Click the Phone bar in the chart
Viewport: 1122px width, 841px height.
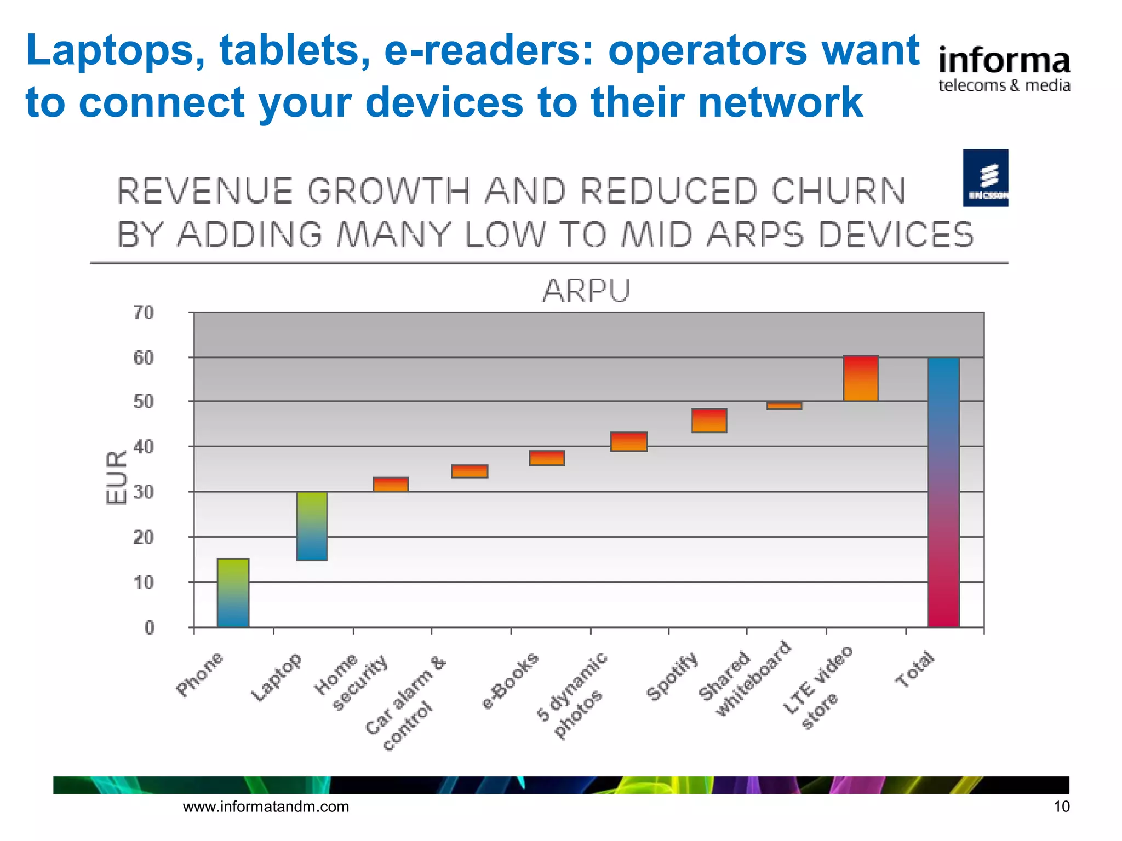pos(233,592)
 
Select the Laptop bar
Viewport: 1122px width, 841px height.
pos(312,526)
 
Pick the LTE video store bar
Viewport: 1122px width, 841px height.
pos(861,378)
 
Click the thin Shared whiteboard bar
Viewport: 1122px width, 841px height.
pos(784,406)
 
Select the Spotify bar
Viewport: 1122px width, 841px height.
pos(709,420)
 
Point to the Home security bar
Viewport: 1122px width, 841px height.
pos(391,484)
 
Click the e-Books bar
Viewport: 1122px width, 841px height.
pos(547,458)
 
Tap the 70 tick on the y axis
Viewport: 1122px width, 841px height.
pos(144,313)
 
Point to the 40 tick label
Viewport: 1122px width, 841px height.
pos(144,447)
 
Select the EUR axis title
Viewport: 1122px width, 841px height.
pos(116,477)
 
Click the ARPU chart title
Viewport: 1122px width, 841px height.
pos(586,291)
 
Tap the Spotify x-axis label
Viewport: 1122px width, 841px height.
pos(672,676)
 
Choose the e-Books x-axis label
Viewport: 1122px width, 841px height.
pos(510,681)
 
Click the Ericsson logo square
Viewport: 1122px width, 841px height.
pos(985,178)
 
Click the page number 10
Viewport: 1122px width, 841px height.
pos(1061,807)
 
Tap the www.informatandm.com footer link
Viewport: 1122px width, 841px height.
pos(266,807)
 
